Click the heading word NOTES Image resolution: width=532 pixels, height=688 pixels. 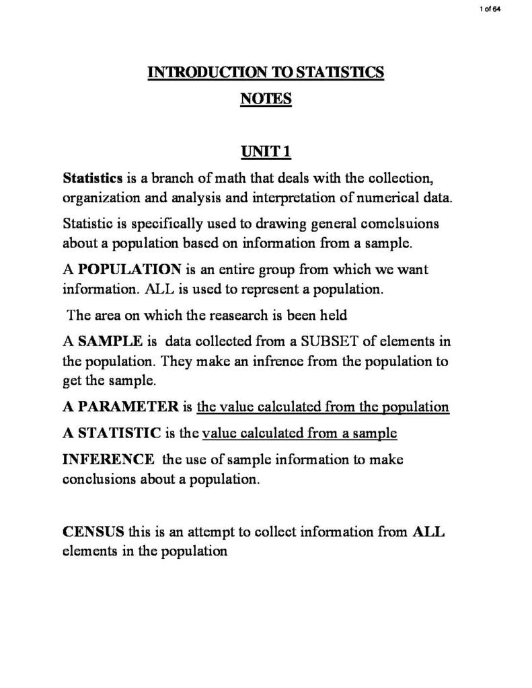click(266, 99)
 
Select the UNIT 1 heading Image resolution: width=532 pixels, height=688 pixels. click(266, 153)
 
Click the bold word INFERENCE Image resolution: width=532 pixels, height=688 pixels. click(108, 460)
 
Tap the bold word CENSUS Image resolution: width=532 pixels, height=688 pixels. click(93, 532)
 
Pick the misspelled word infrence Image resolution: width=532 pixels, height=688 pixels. click(278, 361)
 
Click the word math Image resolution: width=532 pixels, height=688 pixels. click(245, 179)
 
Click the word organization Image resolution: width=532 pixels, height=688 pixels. click(98, 199)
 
